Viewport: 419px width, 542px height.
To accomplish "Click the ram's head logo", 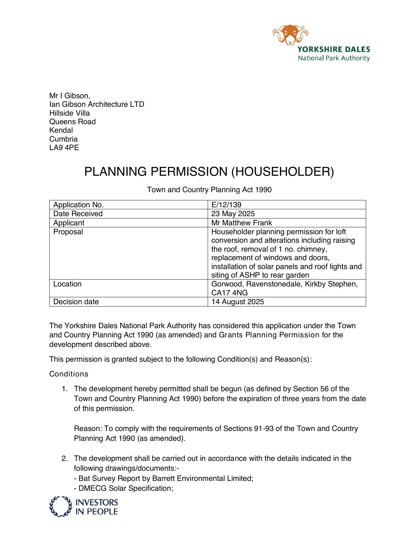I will tap(290, 34).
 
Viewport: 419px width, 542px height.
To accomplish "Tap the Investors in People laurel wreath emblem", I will tap(60, 506).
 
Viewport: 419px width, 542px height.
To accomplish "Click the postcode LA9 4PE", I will tap(64, 147).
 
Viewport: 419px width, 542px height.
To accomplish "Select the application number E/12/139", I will tap(226, 205).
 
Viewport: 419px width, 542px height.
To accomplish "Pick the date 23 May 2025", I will tap(233, 214).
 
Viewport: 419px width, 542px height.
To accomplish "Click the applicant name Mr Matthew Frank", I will tap(242, 223).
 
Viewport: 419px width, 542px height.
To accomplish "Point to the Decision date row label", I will tap(76, 302).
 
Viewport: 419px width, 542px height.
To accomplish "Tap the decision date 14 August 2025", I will tap(238, 302).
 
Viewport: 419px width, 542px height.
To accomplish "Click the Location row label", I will tap(67, 284).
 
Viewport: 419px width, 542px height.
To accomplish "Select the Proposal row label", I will tap(68, 232).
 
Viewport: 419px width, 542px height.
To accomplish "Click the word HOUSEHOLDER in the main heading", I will tap(283, 172).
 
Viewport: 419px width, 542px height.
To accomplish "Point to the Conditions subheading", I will tap(69, 374).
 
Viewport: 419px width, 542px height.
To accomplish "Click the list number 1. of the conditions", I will tap(65, 389).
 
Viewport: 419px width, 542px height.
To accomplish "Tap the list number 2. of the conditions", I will tap(65, 458).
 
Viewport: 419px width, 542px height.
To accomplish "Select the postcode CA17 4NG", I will tap(229, 293).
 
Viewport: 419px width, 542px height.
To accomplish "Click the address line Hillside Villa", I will tap(69, 113).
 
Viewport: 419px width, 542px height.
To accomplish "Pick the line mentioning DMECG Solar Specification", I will tap(124, 488).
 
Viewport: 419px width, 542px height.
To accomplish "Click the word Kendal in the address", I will tap(61, 130).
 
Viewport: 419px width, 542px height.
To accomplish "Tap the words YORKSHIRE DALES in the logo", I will tap(334, 50).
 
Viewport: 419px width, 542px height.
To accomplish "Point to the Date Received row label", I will tap(78, 214).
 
